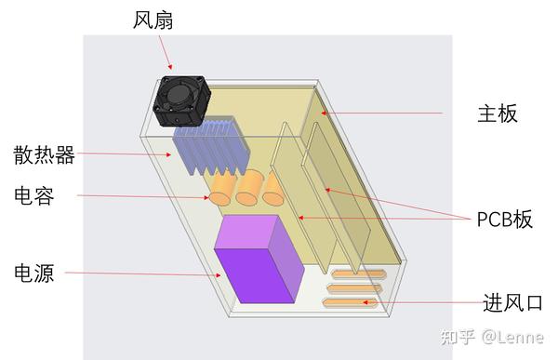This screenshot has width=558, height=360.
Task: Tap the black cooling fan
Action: pos(182,100)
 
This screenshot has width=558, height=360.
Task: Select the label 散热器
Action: pos(45,154)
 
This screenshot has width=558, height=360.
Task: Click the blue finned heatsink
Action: pos(211,149)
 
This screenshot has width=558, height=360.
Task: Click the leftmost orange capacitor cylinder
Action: pos(222,192)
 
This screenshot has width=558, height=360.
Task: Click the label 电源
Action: pos(33,273)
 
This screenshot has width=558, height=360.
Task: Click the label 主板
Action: pos(497,113)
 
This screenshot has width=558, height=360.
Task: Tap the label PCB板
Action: pos(505,220)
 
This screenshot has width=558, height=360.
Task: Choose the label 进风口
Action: pos(512,302)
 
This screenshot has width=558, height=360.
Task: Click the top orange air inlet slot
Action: pos(357,274)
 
